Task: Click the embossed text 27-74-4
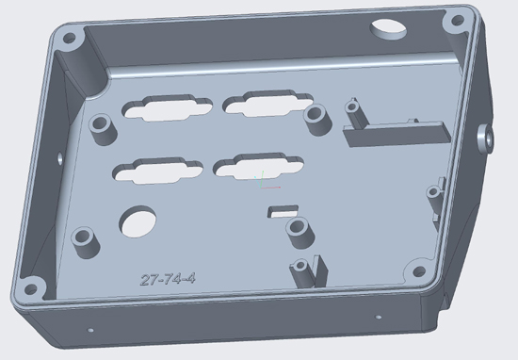(x=168, y=279)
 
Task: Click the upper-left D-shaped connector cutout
(x=167, y=107)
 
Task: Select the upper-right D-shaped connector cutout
(x=267, y=103)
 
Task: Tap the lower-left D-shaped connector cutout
(x=157, y=171)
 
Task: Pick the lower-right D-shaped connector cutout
(x=258, y=166)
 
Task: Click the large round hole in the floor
(x=138, y=221)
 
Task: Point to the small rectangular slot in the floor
(x=283, y=211)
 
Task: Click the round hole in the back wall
(x=388, y=29)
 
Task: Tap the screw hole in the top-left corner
(x=69, y=39)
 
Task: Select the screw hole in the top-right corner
(x=458, y=21)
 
